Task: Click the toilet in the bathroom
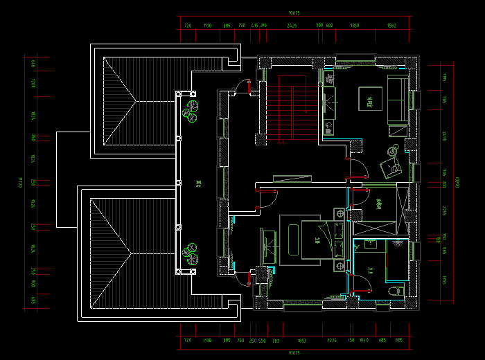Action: pyautogui.click(x=394, y=291)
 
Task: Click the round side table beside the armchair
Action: pyautogui.click(x=392, y=149)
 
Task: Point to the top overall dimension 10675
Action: pyautogui.click(x=294, y=12)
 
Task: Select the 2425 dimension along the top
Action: pyautogui.click(x=292, y=26)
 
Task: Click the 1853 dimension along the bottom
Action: pyautogui.click(x=302, y=341)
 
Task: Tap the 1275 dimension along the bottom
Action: pyautogui.click(x=333, y=341)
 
